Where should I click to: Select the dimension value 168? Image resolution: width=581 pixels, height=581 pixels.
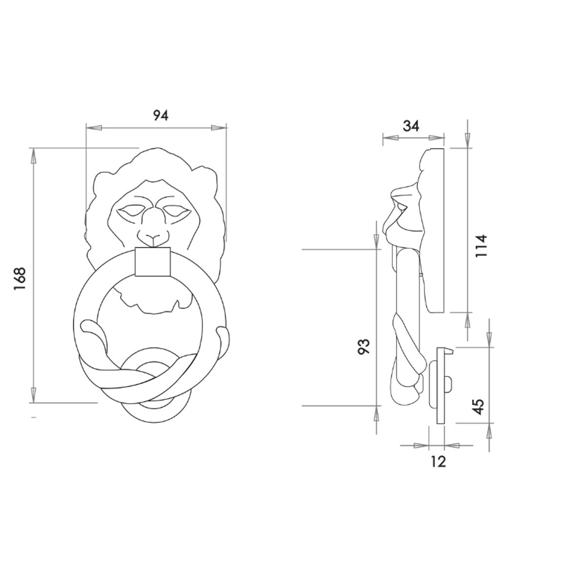pos(20,278)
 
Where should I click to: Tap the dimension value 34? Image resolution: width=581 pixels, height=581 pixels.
pos(411,126)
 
